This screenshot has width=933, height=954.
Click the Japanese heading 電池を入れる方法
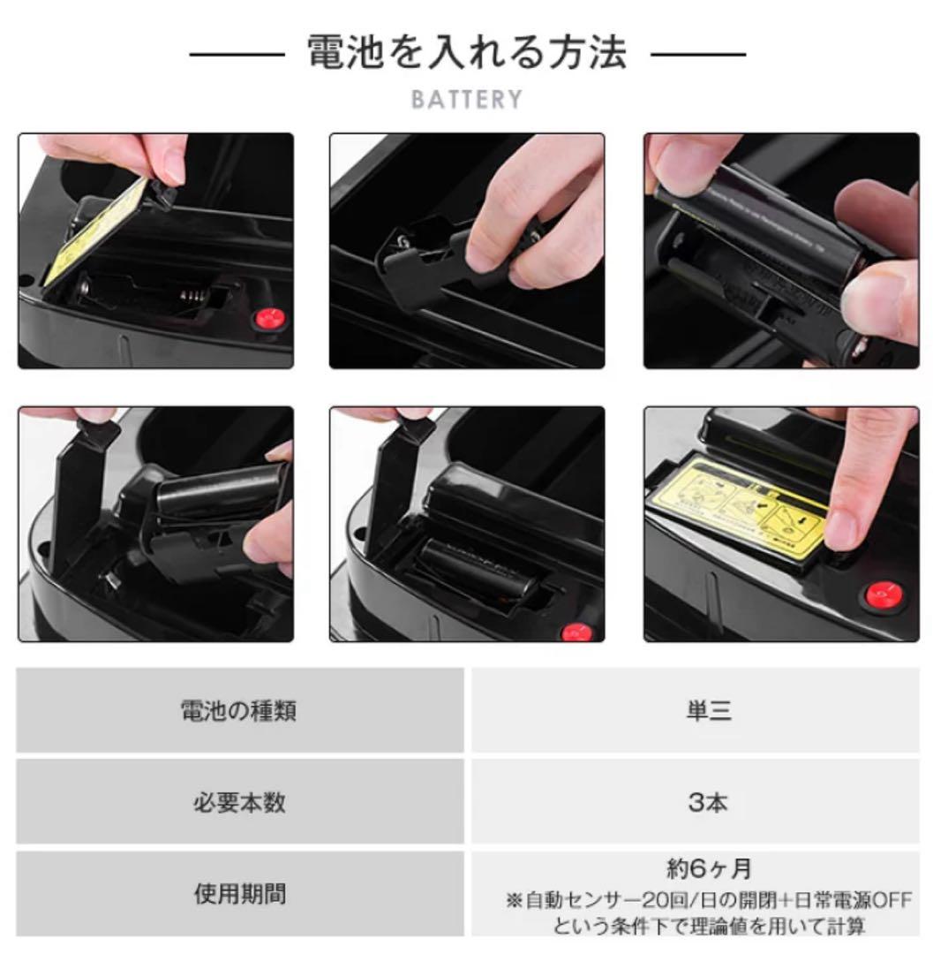(x=466, y=53)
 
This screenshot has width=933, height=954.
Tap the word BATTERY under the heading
(x=466, y=99)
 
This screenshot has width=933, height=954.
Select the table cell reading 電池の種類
(x=238, y=710)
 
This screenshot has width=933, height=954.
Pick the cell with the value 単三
(x=708, y=710)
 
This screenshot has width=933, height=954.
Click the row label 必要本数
(x=238, y=802)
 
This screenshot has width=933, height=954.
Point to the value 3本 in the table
(x=708, y=802)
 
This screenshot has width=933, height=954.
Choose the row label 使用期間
(x=238, y=893)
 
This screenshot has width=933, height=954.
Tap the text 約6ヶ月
(x=709, y=869)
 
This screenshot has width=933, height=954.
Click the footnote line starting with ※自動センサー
(x=709, y=900)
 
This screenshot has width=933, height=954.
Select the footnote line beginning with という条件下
(x=709, y=926)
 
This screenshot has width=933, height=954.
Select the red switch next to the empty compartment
(x=266, y=319)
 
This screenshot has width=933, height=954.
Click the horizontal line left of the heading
(x=236, y=54)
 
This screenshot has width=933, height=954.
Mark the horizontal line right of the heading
(x=697, y=54)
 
